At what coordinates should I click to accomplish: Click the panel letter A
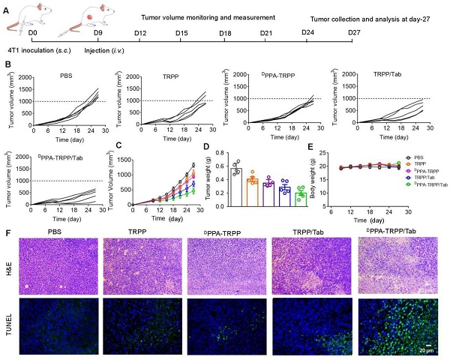point(6,7)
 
